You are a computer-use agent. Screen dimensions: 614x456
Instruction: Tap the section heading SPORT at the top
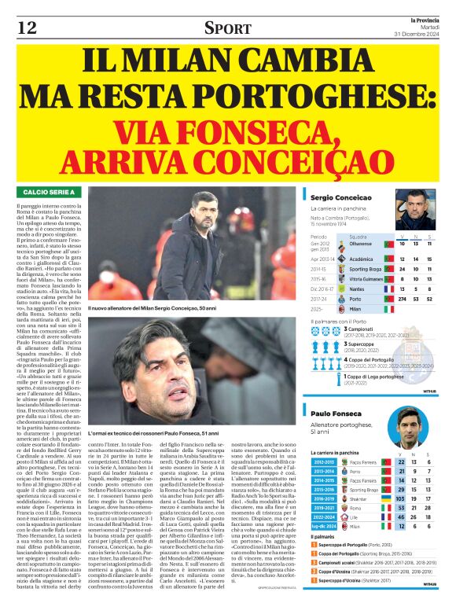[x=227, y=28]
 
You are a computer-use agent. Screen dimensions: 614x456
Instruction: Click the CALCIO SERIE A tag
[x=49, y=193]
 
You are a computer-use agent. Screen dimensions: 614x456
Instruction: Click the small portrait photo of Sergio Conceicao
[x=416, y=208]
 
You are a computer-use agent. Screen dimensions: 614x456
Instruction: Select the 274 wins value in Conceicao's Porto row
[x=403, y=299]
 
